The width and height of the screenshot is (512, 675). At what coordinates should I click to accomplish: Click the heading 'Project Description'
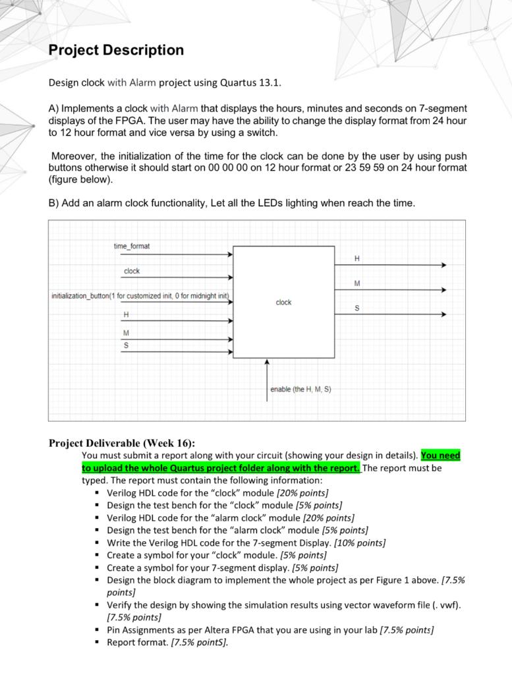coord(116,50)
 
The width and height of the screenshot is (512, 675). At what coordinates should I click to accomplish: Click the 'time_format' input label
coord(131,246)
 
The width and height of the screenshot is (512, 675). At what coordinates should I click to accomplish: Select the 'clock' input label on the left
coord(132,271)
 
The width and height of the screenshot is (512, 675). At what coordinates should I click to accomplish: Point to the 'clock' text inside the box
coord(283,302)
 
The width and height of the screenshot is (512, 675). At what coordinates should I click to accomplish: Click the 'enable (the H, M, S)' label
coord(300,390)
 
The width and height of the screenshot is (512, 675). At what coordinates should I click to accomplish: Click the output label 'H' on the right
coord(357,258)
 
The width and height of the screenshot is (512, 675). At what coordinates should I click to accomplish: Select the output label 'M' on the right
coord(357,283)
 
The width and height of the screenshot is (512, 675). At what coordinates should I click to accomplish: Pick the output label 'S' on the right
coord(357,308)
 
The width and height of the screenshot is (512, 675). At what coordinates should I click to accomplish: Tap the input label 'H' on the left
coord(126,314)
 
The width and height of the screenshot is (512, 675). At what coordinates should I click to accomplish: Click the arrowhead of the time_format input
coord(230,254)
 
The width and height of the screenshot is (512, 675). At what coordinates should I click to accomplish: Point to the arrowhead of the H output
coord(443,265)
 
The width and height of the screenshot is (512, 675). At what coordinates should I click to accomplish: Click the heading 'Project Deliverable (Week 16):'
coord(122,443)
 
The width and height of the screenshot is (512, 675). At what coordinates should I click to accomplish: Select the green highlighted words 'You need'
coord(440,455)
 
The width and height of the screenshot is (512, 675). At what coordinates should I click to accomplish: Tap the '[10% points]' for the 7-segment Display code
coord(360,543)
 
